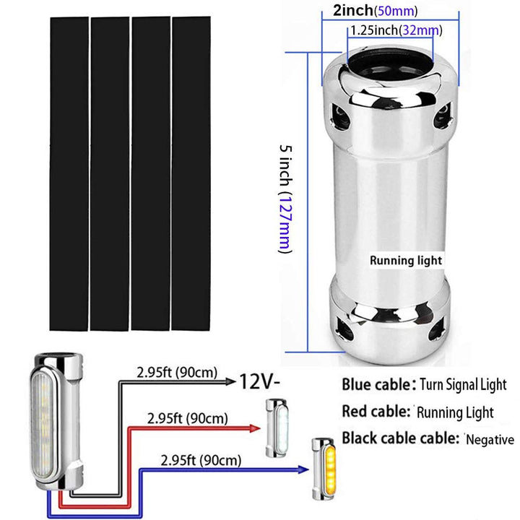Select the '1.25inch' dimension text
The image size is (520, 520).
pos(375,30)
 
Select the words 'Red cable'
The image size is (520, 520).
pos(372,412)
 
